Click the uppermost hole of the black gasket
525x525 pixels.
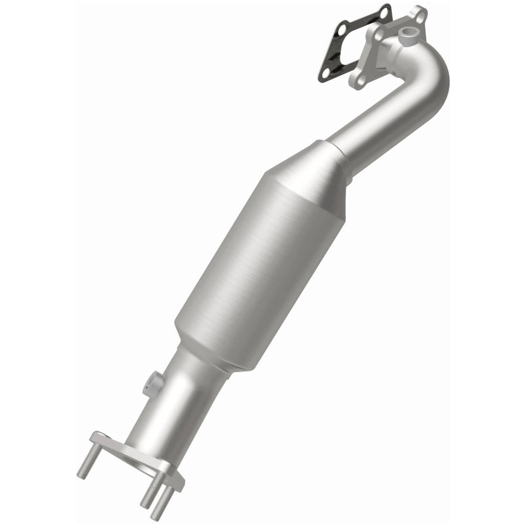coord(384,11)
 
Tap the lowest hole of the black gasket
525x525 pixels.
coord(324,74)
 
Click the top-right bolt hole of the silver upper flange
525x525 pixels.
coord(419,13)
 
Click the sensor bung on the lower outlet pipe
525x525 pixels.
coord(156,381)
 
